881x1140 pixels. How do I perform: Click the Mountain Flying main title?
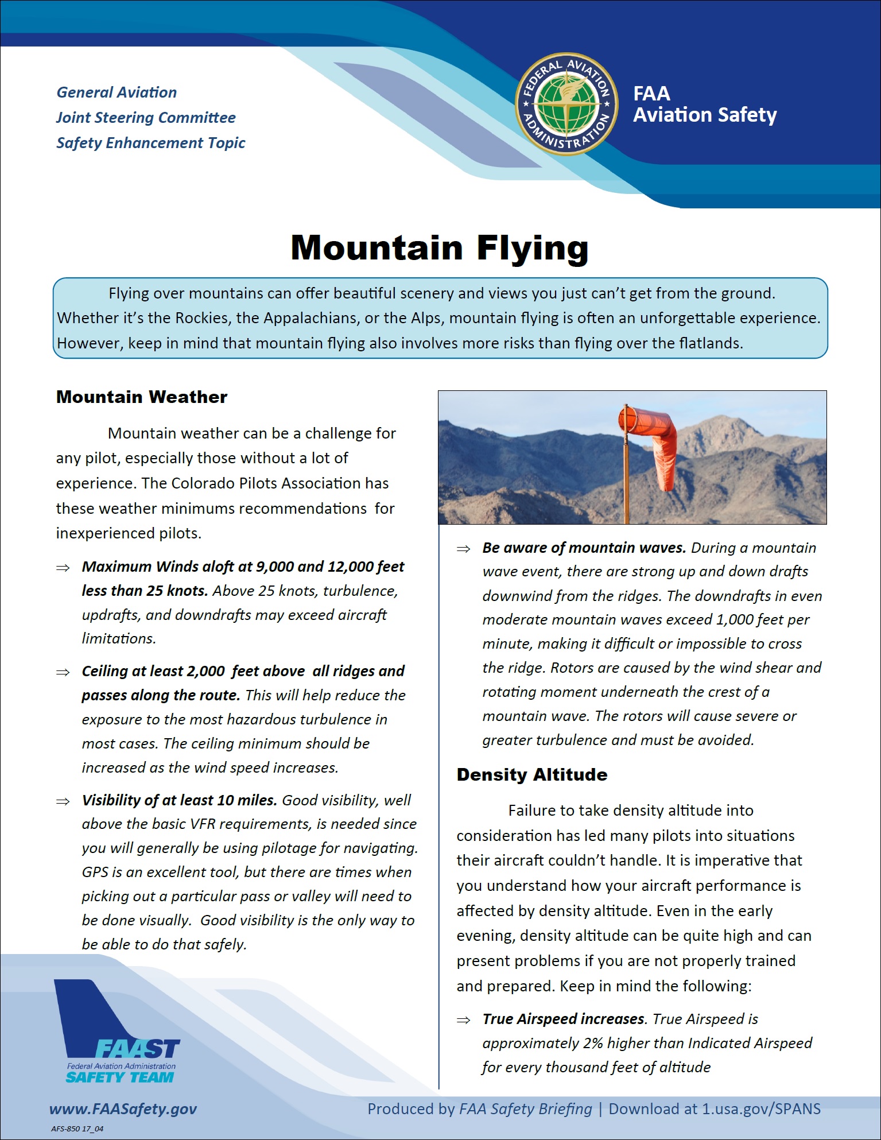440,248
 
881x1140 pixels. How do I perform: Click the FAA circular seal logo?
566,104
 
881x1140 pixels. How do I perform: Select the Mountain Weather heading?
142,397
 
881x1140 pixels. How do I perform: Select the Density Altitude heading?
531,775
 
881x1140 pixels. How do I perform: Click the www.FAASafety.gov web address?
123,1109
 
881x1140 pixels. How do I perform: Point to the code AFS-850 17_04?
77,1129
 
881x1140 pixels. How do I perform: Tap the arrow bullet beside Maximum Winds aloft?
63,568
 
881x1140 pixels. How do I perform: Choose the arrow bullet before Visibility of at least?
63,801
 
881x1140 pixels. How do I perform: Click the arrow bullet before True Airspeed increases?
463,1019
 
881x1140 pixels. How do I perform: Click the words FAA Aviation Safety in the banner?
704,104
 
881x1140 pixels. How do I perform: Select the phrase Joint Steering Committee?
146,118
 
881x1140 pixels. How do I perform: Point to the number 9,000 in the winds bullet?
275,567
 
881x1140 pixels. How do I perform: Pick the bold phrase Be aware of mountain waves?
584,548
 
